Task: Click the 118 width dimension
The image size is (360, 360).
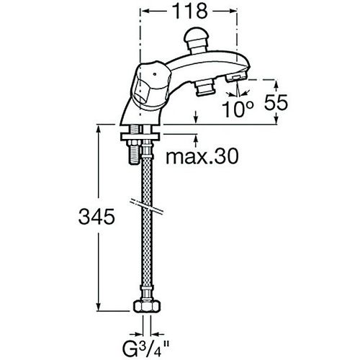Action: [x=190, y=11]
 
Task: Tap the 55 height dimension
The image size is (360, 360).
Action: [x=276, y=102]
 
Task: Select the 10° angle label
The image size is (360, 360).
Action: [x=238, y=109]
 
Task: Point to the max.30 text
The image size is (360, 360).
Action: [x=202, y=156]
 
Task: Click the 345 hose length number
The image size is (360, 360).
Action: [x=96, y=217]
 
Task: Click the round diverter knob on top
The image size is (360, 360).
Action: [x=197, y=40]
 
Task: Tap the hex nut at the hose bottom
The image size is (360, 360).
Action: [x=147, y=306]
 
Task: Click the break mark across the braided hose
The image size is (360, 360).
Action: [x=147, y=206]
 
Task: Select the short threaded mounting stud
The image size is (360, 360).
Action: [x=135, y=153]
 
